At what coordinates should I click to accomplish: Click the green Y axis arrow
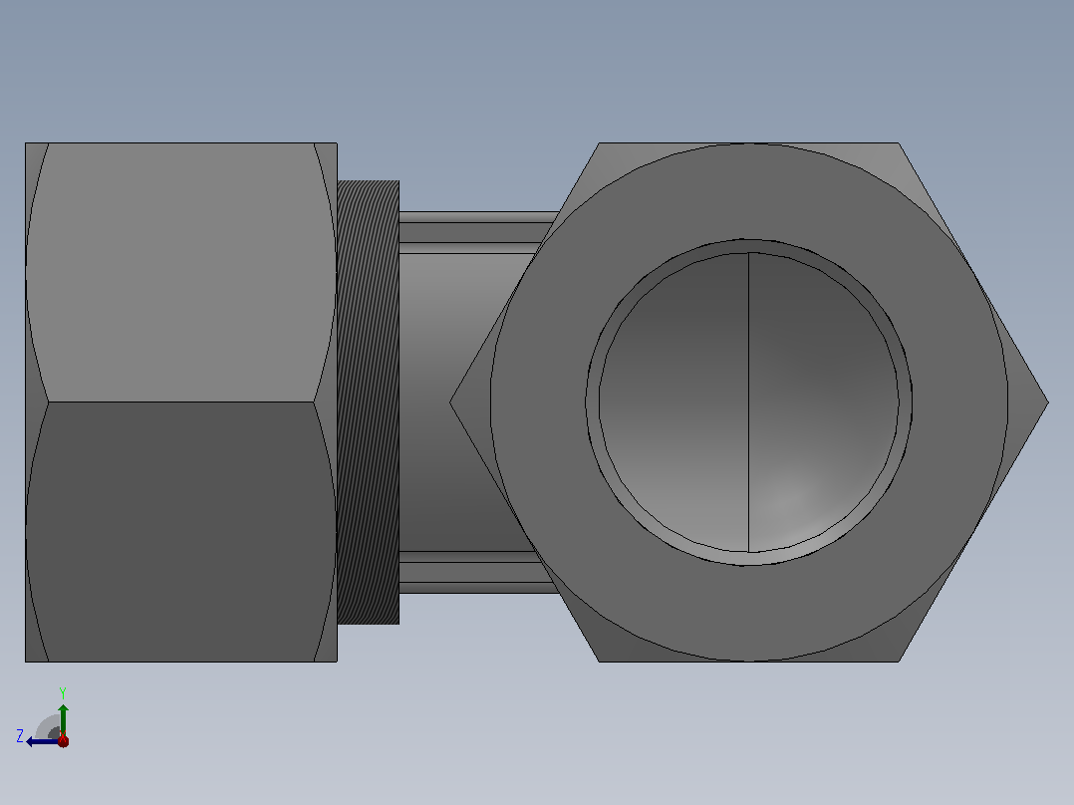coord(63,720)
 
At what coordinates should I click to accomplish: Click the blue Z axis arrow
coord(43,741)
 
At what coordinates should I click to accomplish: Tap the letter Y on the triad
coord(63,692)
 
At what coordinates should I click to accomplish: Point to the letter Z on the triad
coord(20,736)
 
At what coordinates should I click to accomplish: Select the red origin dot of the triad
coord(63,740)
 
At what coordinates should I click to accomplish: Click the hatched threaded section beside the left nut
coord(368,402)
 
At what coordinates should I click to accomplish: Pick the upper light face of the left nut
coord(181,272)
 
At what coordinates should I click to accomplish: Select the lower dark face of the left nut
coord(181,532)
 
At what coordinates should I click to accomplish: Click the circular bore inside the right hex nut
coord(748,402)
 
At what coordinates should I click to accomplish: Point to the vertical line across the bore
coord(748,402)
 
